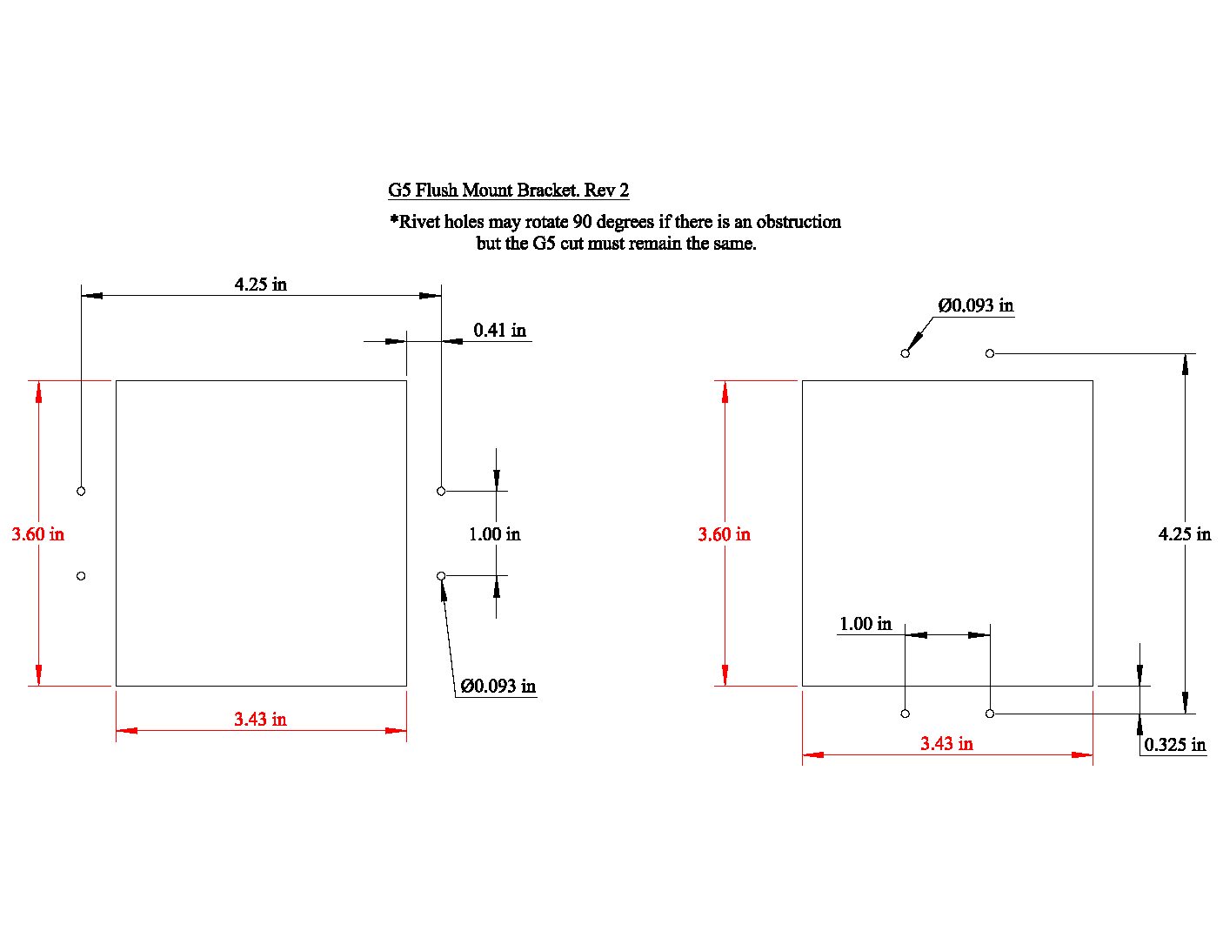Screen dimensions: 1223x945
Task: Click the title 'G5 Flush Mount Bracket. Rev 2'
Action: (x=508, y=191)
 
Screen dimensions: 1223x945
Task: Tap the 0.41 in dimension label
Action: (x=500, y=330)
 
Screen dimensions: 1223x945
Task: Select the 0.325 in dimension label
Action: (x=1174, y=745)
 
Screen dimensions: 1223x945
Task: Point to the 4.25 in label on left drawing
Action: (x=261, y=285)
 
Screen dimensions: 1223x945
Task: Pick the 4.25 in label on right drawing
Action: (x=1185, y=533)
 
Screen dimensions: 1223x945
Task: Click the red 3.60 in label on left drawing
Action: (x=37, y=533)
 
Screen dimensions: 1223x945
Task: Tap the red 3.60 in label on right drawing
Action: (x=725, y=534)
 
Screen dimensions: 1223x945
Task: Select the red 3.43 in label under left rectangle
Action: (x=261, y=719)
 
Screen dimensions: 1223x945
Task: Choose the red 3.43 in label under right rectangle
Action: (x=946, y=743)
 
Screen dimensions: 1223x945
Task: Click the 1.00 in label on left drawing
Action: (x=495, y=533)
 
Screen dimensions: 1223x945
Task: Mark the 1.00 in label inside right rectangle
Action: (x=865, y=624)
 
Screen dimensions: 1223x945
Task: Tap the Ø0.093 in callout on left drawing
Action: (x=498, y=686)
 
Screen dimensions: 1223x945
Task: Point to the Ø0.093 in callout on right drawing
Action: (x=976, y=305)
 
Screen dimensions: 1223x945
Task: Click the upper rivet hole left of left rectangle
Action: (x=81, y=492)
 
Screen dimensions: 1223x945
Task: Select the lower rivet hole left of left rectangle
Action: (x=81, y=576)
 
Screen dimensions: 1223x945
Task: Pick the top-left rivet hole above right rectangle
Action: (x=905, y=353)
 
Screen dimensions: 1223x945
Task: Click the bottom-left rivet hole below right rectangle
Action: (x=905, y=714)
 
